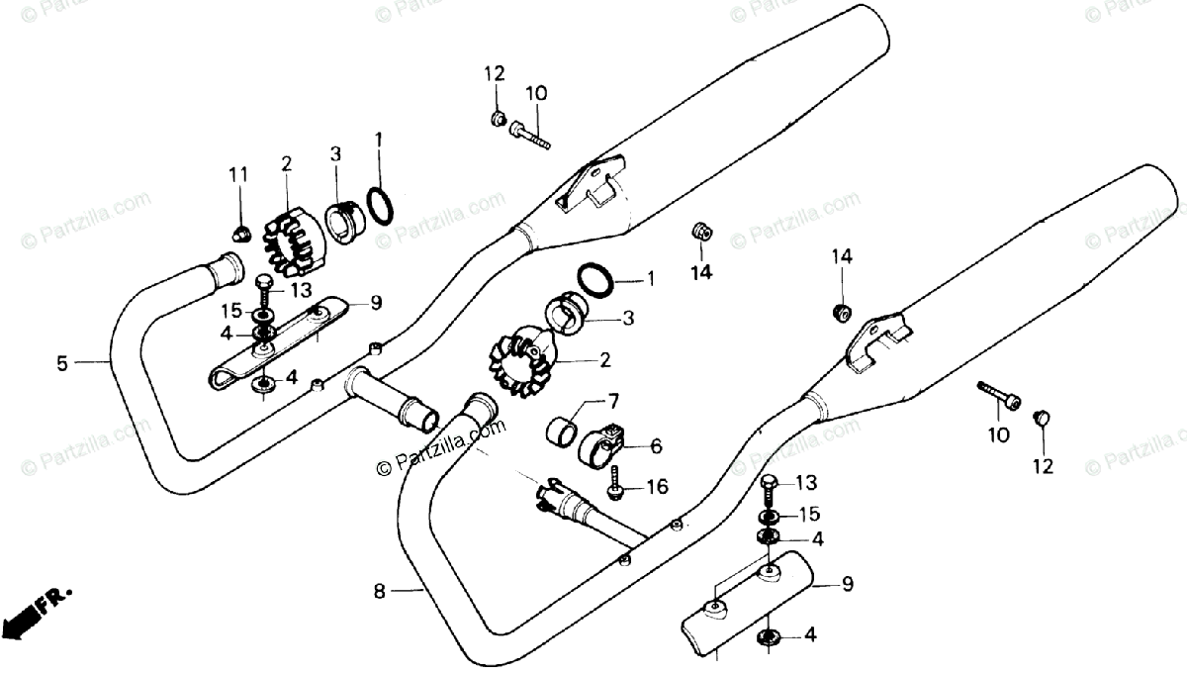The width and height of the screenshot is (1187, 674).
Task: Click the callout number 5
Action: click(x=62, y=363)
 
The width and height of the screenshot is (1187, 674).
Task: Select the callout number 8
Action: click(x=379, y=592)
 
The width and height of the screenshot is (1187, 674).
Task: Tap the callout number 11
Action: click(x=237, y=175)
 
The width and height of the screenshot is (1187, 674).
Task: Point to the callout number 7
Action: click(x=612, y=401)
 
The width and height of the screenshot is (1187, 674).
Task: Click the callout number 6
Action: click(x=656, y=446)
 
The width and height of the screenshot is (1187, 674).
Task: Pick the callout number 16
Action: click(x=657, y=487)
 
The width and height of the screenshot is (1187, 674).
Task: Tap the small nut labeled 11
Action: click(x=238, y=234)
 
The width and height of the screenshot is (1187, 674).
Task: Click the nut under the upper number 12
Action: click(x=498, y=119)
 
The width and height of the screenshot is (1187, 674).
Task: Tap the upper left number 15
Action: click(x=231, y=310)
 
